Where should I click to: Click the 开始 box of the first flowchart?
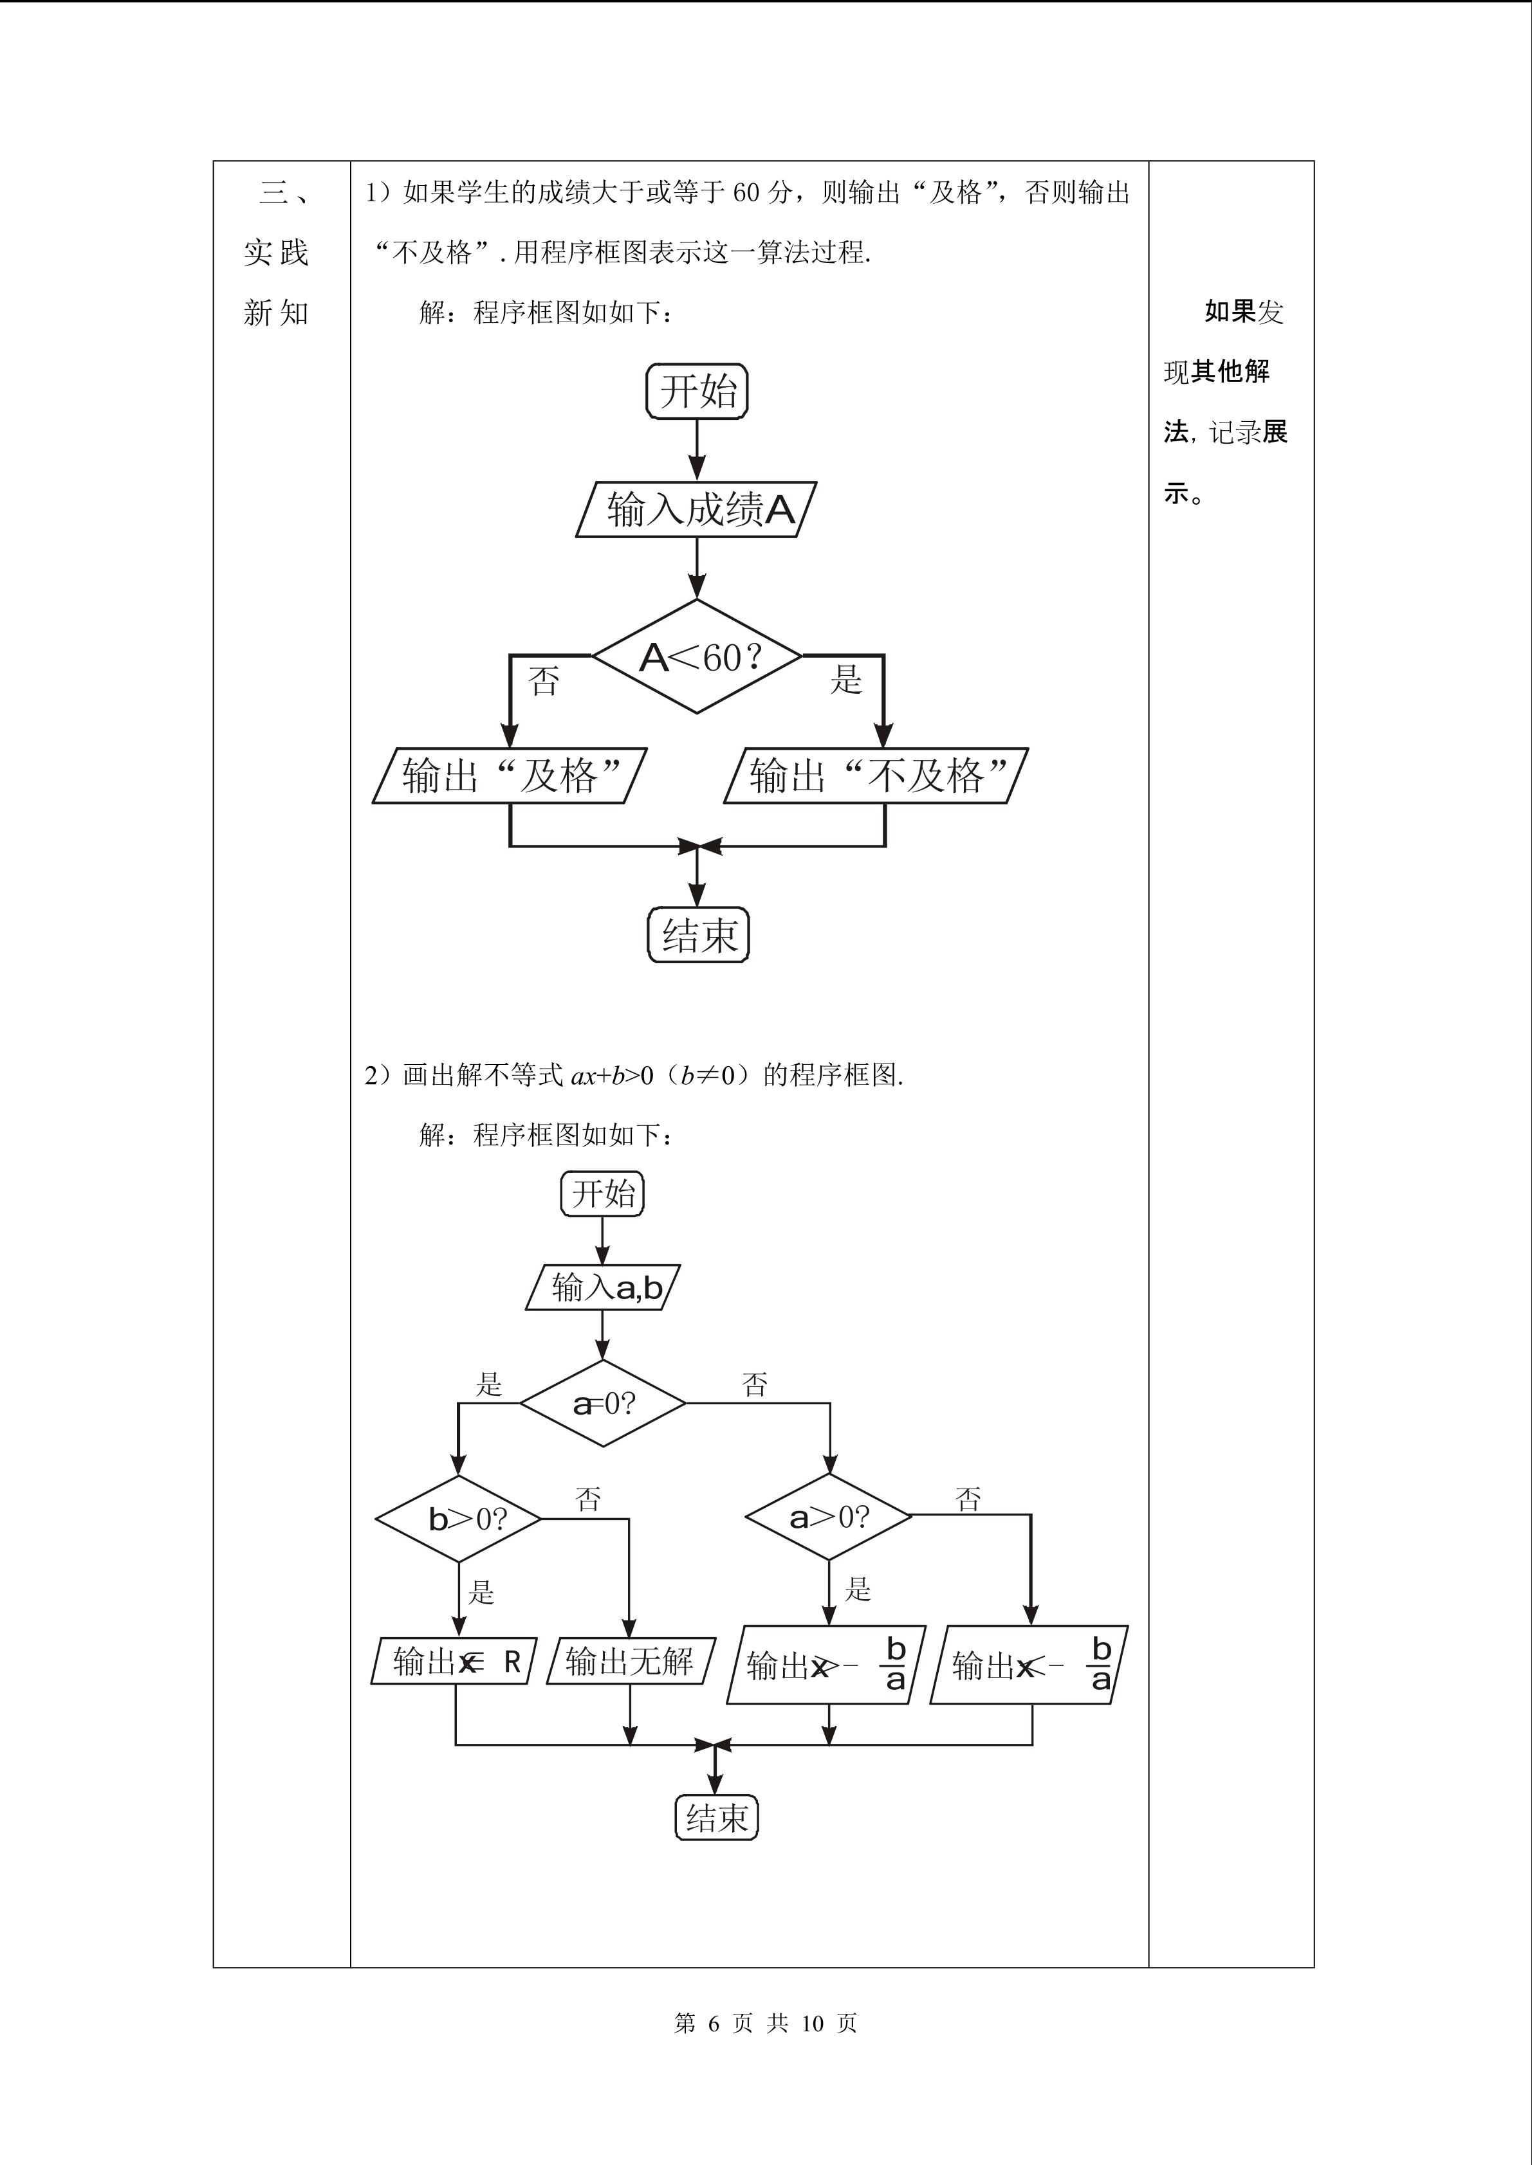coord(696,392)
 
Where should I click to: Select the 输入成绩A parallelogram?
coord(696,510)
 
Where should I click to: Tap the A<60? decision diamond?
coord(697,657)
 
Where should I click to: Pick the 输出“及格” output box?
coord(510,776)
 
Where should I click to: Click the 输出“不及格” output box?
coord(876,776)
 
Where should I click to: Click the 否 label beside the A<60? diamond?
coord(544,680)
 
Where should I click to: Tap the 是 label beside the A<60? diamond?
coord(846,678)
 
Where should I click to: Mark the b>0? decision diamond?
coord(459,1519)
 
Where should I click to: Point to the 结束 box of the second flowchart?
coord(717,1817)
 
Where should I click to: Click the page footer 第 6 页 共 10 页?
coord(765,2023)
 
